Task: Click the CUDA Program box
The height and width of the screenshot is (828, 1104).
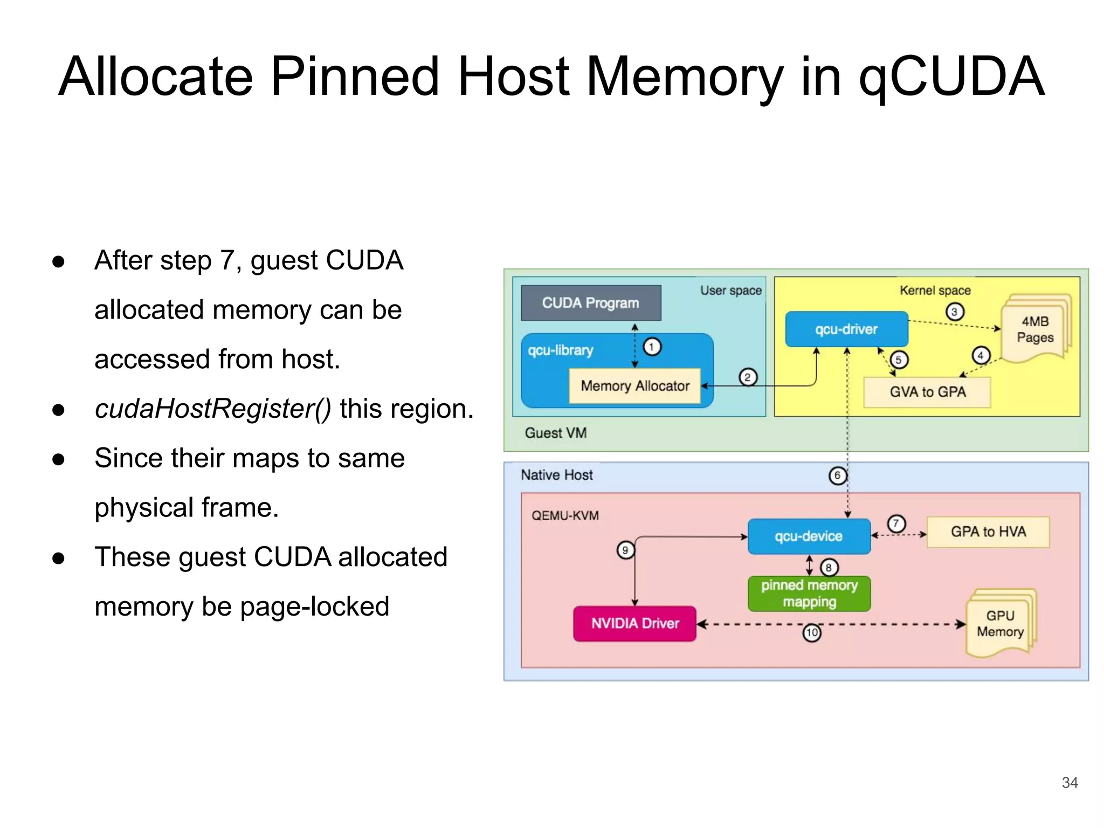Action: [x=591, y=303]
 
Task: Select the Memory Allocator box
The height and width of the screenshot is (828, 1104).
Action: [x=634, y=386]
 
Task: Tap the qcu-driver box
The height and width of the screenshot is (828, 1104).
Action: [x=846, y=329]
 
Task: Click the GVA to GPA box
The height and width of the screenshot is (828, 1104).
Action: [x=927, y=392]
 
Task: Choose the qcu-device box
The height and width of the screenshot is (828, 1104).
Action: [x=809, y=536]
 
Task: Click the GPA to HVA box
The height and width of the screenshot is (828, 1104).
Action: [x=988, y=532]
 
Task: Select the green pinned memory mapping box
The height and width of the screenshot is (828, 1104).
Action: [x=809, y=594]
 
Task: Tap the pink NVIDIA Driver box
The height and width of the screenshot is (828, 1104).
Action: [x=634, y=624]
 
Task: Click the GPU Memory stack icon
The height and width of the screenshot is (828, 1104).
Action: [x=1000, y=624]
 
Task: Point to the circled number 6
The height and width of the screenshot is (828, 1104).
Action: [x=837, y=475]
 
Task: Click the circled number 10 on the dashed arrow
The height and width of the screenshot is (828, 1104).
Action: [x=812, y=632]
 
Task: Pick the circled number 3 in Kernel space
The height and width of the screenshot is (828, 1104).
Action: [x=954, y=312]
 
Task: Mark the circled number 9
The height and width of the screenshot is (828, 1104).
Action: [x=625, y=550]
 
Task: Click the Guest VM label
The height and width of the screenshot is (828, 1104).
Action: [x=555, y=433]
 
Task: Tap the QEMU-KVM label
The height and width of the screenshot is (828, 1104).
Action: [x=565, y=516]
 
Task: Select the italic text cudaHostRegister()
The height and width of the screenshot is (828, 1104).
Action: [x=213, y=409]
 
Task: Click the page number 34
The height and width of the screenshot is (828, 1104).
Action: [x=1069, y=783]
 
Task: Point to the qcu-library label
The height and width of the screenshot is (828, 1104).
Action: [x=560, y=350]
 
